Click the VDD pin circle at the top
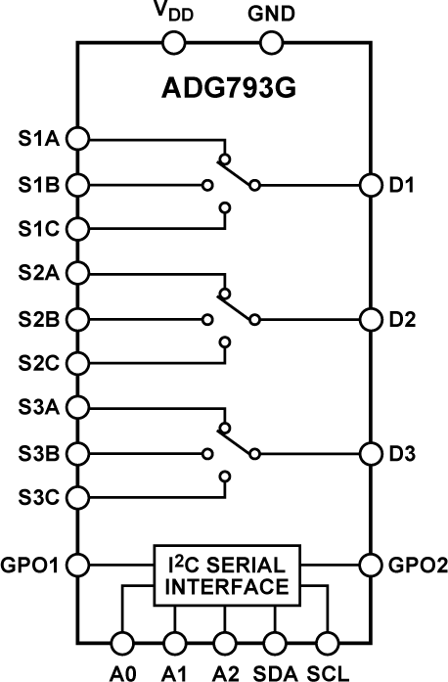pyautogui.click(x=173, y=43)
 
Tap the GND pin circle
pyautogui.click(x=271, y=43)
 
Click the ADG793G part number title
pyautogui.click(x=229, y=88)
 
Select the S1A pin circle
pyautogui.click(x=78, y=138)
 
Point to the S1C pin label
pyautogui.click(x=38, y=229)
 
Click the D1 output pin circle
pyautogui.click(x=371, y=185)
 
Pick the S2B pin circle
pyautogui.click(x=78, y=320)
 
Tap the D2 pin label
pyautogui.click(x=402, y=320)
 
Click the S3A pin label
pyautogui.click(x=38, y=408)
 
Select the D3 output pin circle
pyautogui.click(x=371, y=454)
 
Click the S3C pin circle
pyautogui.click(x=78, y=497)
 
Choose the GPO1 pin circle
pyautogui.click(x=78, y=565)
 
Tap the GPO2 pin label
pyautogui.click(x=418, y=566)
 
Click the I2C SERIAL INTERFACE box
pyautogui.click(x=227, y=575)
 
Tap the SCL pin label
pyautogui.click(x=329, y=673)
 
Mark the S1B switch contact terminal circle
pyautogui.click(x=208, y=185)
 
